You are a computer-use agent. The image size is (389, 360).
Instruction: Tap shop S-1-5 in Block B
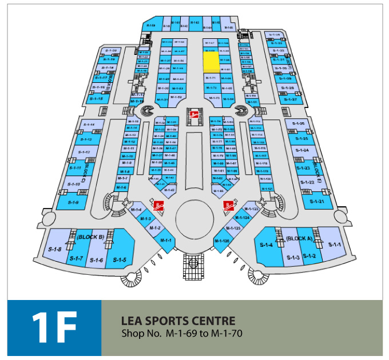click(119, 260)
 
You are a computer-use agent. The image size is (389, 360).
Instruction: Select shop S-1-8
click(55, 249)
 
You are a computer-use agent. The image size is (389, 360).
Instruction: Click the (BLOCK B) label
click(90, 237)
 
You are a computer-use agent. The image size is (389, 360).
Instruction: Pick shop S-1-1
click(335, 245)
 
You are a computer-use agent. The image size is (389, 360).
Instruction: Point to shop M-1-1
click(166, 241)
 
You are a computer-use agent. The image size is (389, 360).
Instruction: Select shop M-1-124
click(243, 218)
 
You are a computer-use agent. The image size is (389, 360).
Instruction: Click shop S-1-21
click(317, 201)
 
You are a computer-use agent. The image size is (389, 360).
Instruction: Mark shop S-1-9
click(73, 202)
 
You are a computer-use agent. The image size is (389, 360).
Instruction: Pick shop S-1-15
click(96, 99)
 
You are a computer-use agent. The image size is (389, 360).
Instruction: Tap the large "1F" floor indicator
click(54, 328)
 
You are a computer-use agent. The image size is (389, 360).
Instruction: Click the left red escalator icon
click(160, 205)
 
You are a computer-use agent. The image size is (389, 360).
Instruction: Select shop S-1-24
click(303, 150)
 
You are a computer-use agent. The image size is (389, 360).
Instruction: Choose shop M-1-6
click(121, 187)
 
